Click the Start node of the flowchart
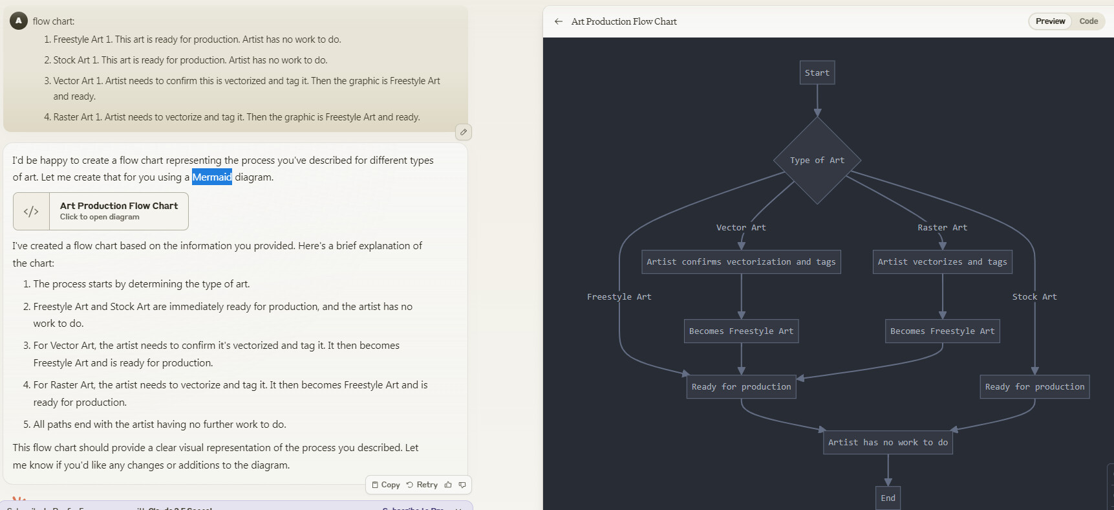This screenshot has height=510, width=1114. (817, 72)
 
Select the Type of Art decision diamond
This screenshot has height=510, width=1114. (817, 161)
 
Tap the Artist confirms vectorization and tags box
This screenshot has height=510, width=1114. (741, 262)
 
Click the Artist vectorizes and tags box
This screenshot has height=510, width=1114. (942, 262)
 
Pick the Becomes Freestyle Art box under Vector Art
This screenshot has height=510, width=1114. (741, 331)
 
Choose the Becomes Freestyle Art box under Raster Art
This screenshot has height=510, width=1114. (942, 331)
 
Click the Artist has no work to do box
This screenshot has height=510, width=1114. (888, 443)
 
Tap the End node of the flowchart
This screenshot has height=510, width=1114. (888, 498)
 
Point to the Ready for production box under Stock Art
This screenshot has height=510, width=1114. (1034, 387)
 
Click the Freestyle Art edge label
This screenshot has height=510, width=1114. (619, 297)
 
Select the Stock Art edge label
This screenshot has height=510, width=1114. (1034, 297)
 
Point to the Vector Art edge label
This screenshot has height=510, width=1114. (741, 228)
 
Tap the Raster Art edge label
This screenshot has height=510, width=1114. (942, 228)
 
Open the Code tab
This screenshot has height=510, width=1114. (1088, 21)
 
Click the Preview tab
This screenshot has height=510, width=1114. (1050, 21)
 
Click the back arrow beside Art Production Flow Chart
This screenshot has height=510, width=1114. (559, 21)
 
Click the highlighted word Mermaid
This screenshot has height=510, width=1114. (212, 177)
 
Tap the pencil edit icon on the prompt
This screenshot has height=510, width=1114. (464, 132)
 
